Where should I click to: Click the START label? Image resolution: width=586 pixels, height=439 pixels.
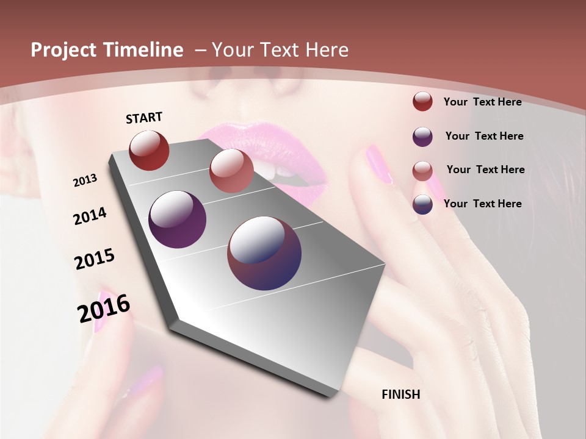(x=144, y=118)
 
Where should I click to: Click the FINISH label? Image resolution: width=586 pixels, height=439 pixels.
(x=400, y=394)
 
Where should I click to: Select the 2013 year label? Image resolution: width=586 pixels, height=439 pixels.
(x=85, y=180)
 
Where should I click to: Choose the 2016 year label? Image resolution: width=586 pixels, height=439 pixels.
(x=104, y=308)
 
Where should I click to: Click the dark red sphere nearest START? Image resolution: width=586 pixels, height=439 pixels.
(x=149, y=150)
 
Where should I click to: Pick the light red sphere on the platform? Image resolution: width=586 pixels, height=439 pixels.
(x=231, y=171)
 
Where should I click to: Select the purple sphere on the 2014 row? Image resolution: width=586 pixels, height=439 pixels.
(x=178, y=220)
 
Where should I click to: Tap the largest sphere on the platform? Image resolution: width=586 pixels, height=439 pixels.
(x=264, y=253)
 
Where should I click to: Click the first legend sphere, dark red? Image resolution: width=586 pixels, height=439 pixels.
(x=422, y=101)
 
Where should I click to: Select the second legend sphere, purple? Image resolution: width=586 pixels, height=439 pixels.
(x=422, y=137)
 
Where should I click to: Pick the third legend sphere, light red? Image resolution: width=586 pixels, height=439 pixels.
(x=422, y=171)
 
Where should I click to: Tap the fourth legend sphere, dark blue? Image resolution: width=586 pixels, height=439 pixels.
(x=422, y=204)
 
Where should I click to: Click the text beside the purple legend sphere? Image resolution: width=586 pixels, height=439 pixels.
(x=484, y=136)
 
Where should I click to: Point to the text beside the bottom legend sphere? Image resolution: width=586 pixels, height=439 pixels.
(x=482, y=204)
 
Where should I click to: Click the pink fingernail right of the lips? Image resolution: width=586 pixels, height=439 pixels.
(x=379, y=164)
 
